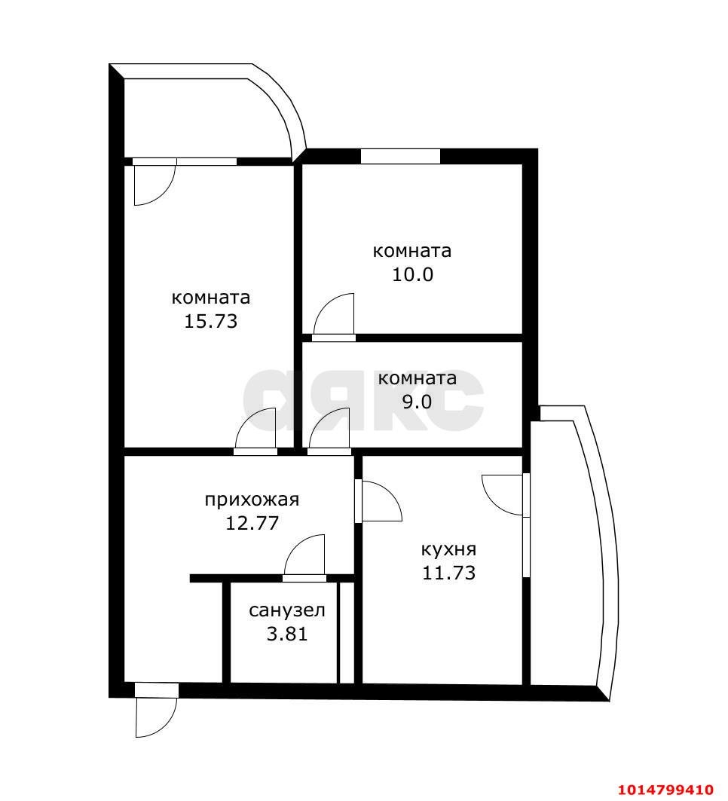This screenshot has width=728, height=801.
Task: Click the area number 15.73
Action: tap(210, 321)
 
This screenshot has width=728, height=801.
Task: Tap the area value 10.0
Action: tap(412, 274)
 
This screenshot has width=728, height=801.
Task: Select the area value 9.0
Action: tap(417, 402)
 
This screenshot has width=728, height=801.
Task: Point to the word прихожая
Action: tap(252, 499)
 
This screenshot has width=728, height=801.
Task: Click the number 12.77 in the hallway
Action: tap(252, 523)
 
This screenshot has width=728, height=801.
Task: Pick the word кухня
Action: tap(448, 549)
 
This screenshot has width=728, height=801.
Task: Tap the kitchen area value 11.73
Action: tap(448, 573)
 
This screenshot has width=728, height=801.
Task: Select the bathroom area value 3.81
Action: tap(286, 634)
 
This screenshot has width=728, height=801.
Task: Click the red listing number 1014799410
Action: tap(665, 790)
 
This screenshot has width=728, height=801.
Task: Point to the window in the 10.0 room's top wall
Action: tap(400, 156)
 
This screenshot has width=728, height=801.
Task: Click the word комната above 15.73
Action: tap(210, 298)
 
